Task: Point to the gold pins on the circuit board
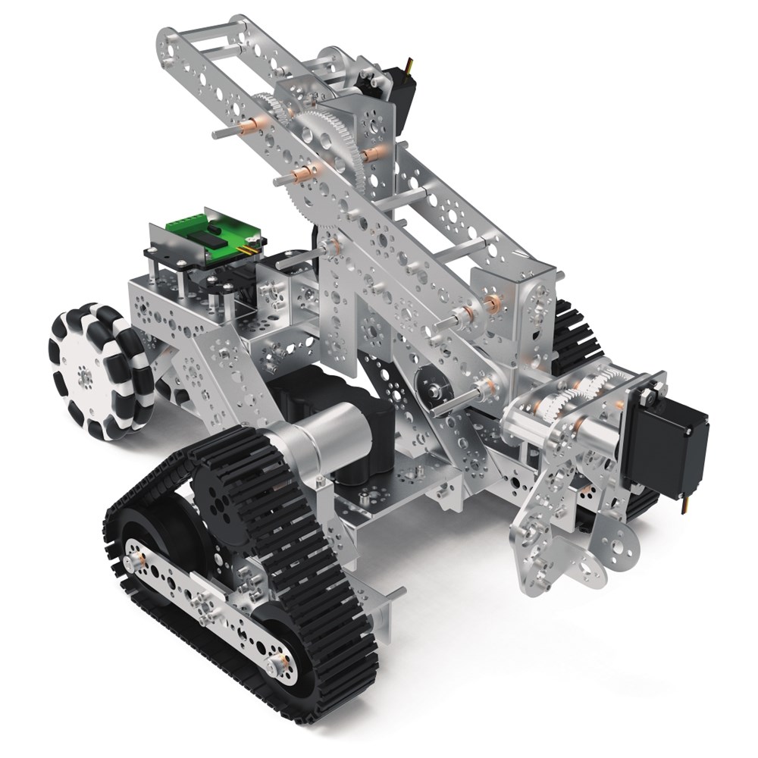(x=249, y=247)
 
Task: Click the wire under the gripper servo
(x=686, y=504)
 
